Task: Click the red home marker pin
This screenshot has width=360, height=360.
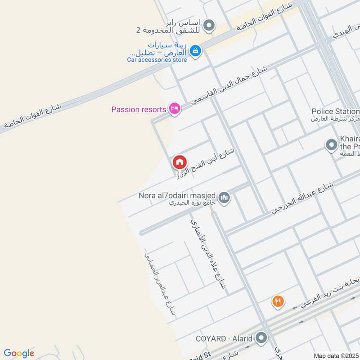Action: (x=179, y=162)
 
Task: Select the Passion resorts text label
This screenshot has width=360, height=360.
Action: (x=139, y=109)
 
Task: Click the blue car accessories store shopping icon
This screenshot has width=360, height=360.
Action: (x=195, y=51)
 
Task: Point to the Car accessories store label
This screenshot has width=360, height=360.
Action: (x=157, y=59)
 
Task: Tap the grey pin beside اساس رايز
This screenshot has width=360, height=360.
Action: (x=208, y=26)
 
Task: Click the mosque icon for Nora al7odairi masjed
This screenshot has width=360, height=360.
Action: (x=224, y=197)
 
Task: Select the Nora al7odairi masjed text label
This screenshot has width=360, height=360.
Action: (x=177, y=196)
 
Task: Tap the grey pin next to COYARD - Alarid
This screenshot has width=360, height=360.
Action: (x=261, y=337)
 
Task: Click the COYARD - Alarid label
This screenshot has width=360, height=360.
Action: (x=225, y=337)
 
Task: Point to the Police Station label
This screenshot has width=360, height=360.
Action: (x=335, y=111)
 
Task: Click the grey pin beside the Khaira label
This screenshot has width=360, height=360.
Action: (x=331, y=145)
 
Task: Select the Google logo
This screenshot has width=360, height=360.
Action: (x=18, y=353)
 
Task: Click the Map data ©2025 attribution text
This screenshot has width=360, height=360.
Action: (x=336, y=355)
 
